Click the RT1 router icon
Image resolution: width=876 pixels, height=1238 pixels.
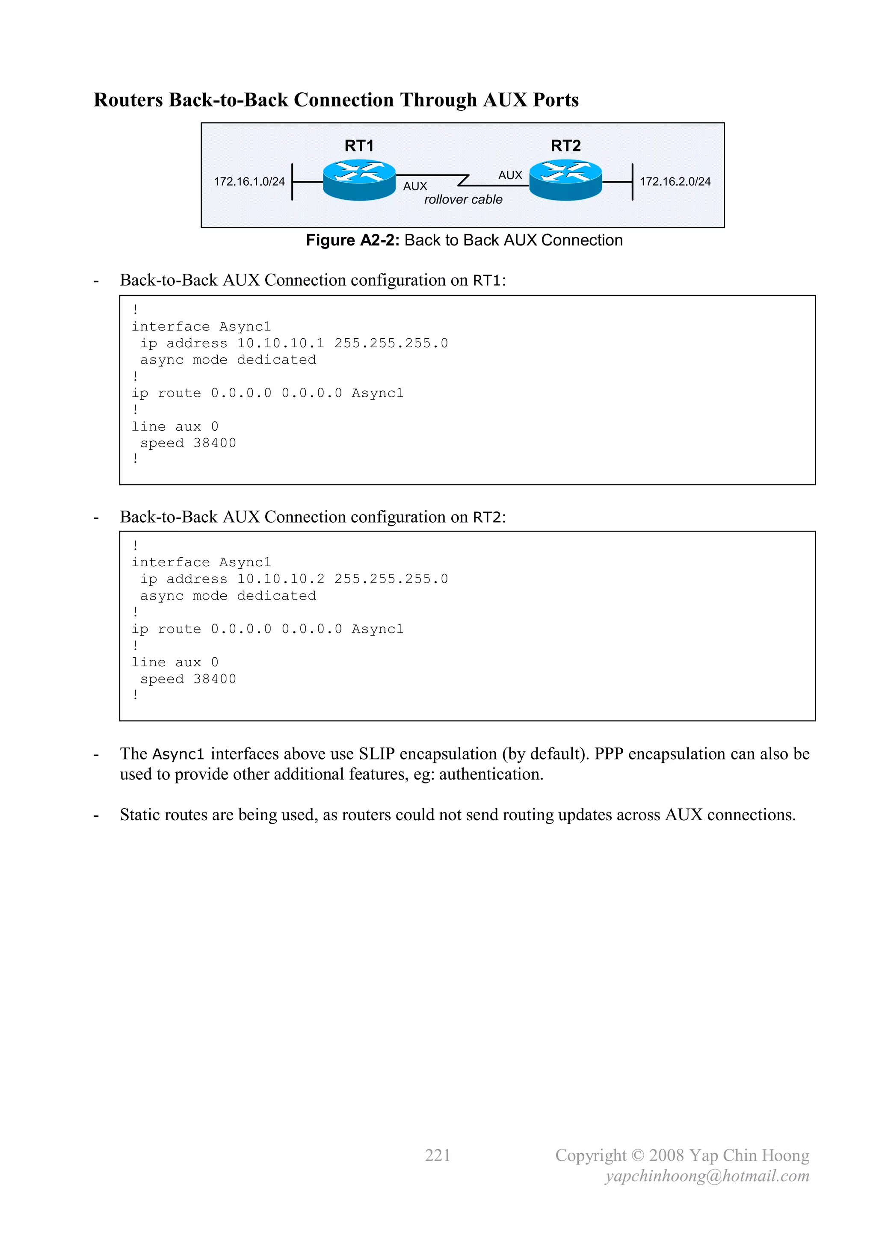coord(359,180)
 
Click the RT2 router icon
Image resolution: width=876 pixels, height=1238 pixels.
coord(565,180)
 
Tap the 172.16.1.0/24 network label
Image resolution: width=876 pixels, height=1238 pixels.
coord(249,182)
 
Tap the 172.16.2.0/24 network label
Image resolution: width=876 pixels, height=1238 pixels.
coord(675,182)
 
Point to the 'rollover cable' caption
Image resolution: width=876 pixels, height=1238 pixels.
coord(463,200)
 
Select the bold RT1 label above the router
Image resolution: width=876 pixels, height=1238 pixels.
coord(359,145)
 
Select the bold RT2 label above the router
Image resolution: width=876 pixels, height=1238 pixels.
coord(565,145)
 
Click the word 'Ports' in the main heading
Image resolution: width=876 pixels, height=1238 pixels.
coord(556,100)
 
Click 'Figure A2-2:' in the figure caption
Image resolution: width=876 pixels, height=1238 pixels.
coord(352,240)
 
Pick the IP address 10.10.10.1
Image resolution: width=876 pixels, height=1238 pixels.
coord(281,343)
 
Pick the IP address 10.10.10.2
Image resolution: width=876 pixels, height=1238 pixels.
coord(281,579)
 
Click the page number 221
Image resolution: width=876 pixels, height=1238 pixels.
coord(438,1155)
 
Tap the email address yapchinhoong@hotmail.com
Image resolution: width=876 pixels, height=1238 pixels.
coord(707,1176)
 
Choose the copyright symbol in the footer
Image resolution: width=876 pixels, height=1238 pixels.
coord(638,1155)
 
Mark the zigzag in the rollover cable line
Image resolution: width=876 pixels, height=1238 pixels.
coord(463,180)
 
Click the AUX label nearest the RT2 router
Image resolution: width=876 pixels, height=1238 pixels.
coord(510,175)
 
